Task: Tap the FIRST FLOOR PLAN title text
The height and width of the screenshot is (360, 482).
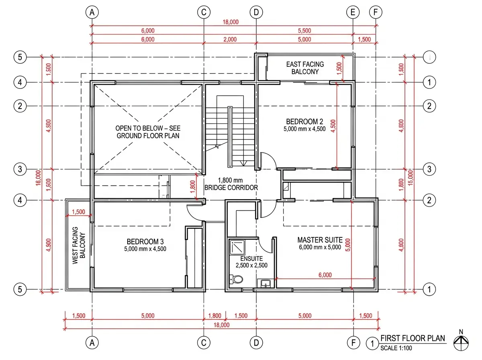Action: (x=413, y=338)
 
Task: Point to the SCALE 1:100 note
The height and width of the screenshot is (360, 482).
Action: (x=396, y=348)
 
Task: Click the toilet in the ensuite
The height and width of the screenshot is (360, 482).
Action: (x=236, y=279)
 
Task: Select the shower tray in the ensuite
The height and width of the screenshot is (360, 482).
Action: (x=237, y=247)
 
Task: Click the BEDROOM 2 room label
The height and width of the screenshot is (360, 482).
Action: (x=304, y=121)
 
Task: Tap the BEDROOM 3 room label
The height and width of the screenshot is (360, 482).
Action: (x=145, y=241)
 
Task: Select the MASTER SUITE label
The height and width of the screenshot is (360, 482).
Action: (x=320, y=240)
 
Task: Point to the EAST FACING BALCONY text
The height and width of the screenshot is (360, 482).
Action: (x=305, y=68)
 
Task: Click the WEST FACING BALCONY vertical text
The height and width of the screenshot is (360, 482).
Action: (x=79, y=245)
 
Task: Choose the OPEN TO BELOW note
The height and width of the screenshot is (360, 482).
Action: (x=148, y=132)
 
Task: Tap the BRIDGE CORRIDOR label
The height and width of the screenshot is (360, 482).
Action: (x=231, y=187)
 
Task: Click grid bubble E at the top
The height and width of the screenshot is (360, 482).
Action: (x=353, y=12)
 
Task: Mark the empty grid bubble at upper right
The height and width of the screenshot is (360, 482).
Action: (x=429, y=57)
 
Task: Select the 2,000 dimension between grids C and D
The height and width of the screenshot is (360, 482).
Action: (x=230, y=39)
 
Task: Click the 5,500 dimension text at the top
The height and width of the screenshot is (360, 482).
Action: (x=304, y=31)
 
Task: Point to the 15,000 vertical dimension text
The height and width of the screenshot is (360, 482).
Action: (x=410, y=178)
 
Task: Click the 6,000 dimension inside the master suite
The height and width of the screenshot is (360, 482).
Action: (x=325, y=275)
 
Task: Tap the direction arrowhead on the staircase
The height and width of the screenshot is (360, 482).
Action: (x=243, y=163)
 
